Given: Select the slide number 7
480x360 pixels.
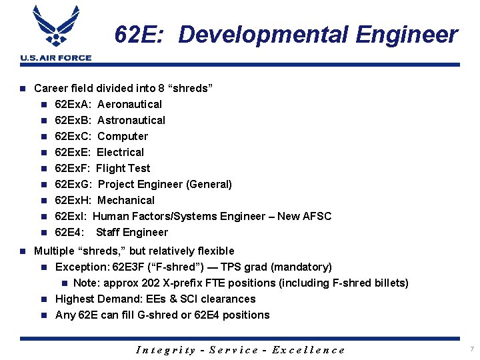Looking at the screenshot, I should coord(471,349).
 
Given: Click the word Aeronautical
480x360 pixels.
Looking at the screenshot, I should coord(129,104).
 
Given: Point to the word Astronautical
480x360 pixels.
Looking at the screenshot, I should coord(131,120).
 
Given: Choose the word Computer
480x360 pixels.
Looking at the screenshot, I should coord(123,136).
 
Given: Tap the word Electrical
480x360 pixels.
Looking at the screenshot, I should coord(120,152).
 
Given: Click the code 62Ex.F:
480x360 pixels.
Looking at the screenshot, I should coord(73,168).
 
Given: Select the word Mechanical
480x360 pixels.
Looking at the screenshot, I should coord(126,200).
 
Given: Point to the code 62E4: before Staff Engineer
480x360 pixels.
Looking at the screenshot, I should coord(69,232).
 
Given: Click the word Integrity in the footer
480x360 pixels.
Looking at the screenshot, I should coord(166,349).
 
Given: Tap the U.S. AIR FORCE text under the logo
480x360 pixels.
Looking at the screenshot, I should coord(55,58).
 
